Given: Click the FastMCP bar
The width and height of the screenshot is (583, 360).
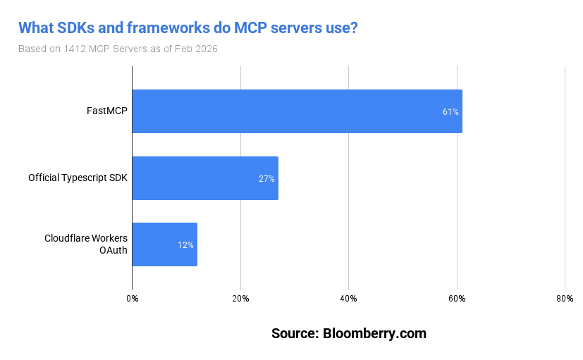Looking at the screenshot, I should [296, 111].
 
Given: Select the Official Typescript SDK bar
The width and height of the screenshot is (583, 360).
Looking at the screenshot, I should [204, 178].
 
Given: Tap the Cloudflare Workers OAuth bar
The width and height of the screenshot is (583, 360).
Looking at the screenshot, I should [164, 244].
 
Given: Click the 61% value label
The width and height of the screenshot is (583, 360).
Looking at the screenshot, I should [450, 112].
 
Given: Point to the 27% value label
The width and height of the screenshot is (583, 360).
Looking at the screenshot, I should [266, 179].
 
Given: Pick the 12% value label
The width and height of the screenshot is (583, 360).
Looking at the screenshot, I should [185, 245].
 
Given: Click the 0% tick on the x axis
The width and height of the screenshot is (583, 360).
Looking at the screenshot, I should [133, 299].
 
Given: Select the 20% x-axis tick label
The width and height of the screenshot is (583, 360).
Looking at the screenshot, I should [240, 299].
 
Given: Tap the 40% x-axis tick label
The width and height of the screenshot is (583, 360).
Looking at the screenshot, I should [348, 299].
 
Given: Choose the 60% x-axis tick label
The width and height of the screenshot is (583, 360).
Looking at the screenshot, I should [457, 299].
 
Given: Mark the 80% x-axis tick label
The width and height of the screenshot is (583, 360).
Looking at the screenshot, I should [565, 299].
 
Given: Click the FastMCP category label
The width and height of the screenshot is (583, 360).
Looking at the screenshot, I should [107, 111].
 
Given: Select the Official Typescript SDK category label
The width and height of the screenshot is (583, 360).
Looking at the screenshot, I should [78, 178].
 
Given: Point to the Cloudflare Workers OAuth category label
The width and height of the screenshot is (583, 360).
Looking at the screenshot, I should [86, 244].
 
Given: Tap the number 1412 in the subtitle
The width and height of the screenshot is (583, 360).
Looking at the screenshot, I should [75, 49].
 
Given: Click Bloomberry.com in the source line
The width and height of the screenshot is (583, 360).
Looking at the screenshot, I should [374, 333].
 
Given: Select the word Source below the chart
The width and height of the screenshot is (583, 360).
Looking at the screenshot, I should [294, 333].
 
